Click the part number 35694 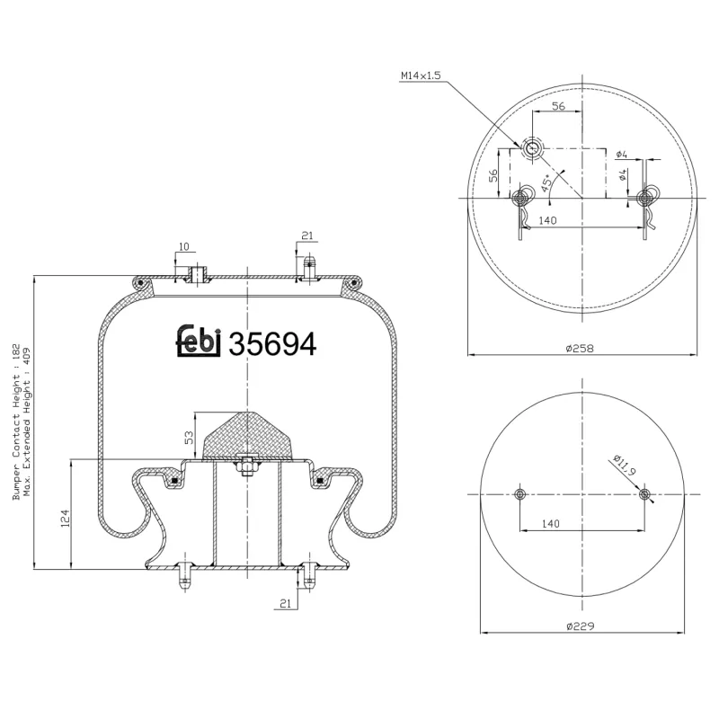272,344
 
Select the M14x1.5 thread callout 421,76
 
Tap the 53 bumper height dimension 188,437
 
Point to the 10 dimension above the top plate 182,246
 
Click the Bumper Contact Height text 16,422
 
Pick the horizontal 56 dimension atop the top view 557,105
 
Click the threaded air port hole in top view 532,148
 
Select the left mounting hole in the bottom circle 520,494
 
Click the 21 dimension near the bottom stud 285,605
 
